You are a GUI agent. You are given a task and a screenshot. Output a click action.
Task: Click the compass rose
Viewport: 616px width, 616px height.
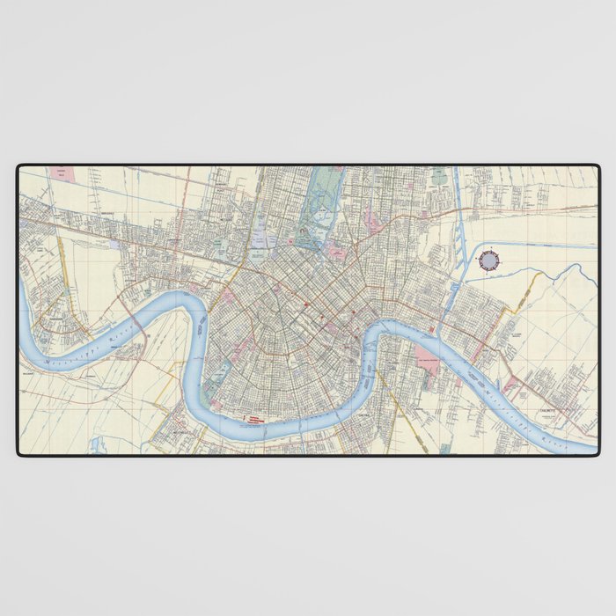489,260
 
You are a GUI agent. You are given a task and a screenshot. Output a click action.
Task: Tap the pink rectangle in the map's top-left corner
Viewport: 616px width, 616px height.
60,174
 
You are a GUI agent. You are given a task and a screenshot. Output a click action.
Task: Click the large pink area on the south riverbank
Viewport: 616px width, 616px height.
427,362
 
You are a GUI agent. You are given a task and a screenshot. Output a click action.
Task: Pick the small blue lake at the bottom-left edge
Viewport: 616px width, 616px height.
96,445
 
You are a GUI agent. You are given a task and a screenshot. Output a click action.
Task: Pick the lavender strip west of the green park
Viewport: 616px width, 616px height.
260,238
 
